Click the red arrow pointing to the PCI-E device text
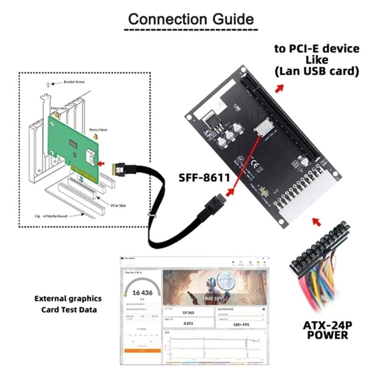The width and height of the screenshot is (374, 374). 279,88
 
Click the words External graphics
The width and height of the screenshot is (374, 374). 68,298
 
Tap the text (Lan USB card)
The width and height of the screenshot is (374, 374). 316,71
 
